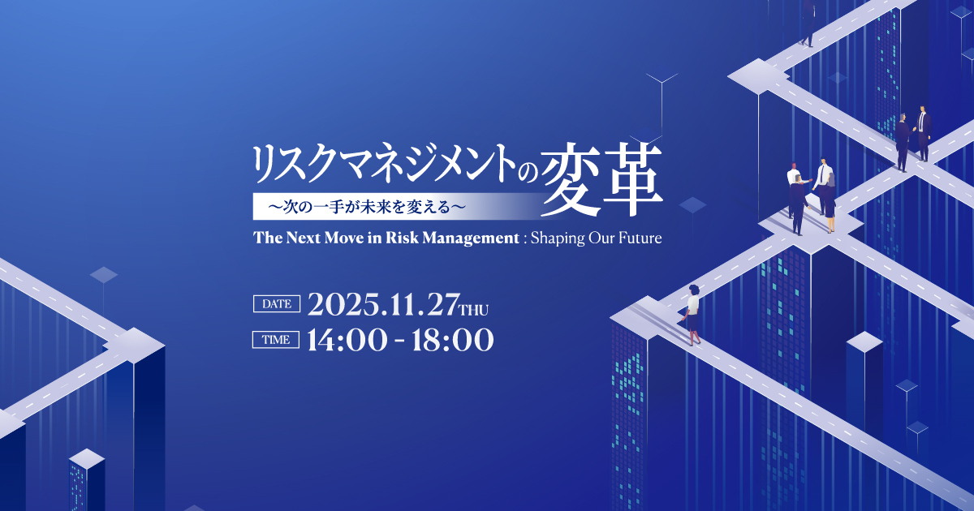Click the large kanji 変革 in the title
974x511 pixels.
pos(601,179)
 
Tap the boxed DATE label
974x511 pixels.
pos(277,303)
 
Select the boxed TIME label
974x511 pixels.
pos(276,339)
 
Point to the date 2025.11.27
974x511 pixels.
pos(383,304)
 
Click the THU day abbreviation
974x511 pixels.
pos(474,310)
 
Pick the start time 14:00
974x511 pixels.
pos(347,340)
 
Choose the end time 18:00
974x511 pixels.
pos(453,340)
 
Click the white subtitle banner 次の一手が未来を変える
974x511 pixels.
pos(391,206)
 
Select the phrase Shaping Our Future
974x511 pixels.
pos(596,238)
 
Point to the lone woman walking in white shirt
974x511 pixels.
pos(692,314)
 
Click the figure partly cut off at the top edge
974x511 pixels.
pos(808,23)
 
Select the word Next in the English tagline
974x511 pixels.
pos(303,238)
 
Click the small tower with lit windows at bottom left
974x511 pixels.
pos(87,480)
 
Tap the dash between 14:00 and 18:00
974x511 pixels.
pos(399,341)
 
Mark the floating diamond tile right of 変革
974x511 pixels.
pos(692,204)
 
